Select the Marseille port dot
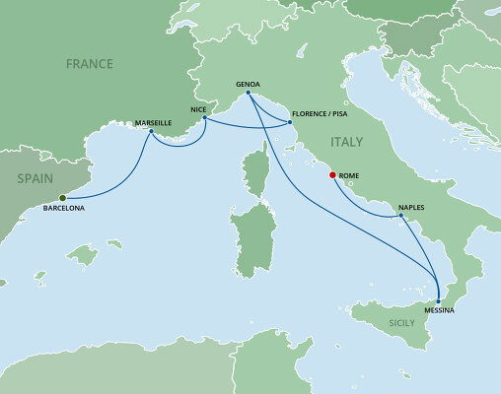tap(150, 132)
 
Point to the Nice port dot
tap(203, 119)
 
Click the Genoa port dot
tap(248, 94)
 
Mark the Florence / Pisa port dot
tap(290, 122)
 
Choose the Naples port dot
tap(399, 218)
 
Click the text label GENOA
tap(249, 84)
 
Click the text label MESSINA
tap(439, 310)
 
